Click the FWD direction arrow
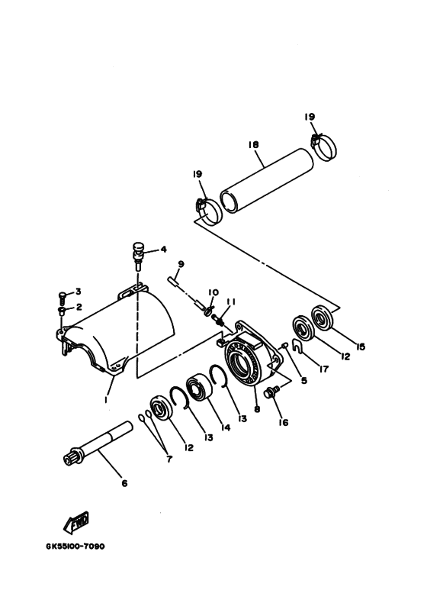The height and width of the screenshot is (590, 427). point(76,522)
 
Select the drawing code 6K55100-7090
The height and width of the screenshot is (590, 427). point(75,546)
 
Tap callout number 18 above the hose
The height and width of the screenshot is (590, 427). point(254,144)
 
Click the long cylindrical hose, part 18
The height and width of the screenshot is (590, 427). point(267,181)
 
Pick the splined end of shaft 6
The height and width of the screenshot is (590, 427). point(72,458)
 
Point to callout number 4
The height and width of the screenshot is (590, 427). point(163,249)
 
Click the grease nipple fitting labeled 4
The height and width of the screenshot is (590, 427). point(138,255)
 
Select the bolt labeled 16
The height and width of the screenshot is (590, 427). point(272,392)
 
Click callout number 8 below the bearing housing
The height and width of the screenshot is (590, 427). point(257,408)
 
